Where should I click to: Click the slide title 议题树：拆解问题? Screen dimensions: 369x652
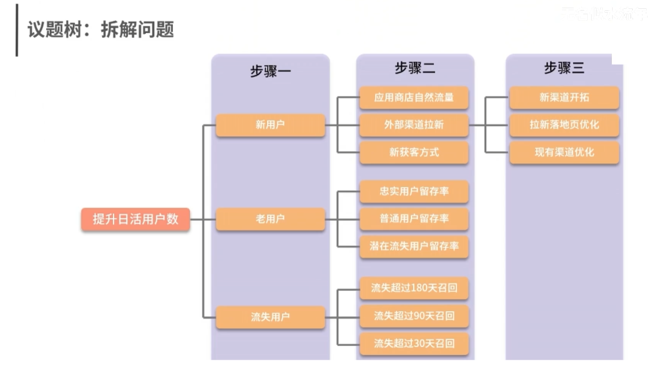pos(101,30)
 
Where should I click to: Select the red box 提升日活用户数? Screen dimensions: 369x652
pos(135,219)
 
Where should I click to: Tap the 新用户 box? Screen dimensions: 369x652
pos(270,125)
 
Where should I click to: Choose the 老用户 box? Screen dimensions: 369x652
pos(270,219)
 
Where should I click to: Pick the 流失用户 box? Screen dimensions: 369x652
pos(270,317)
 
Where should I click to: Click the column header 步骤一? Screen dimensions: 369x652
pos(270,71)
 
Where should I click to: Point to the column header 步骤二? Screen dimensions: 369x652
pos(415,68)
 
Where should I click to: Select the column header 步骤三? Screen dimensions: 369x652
pos(564,68)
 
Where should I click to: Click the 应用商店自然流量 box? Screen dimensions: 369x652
pos(414,97)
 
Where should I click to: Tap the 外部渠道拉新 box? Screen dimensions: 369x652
pos(414,125)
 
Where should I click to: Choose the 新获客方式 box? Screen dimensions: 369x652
pos(414,152)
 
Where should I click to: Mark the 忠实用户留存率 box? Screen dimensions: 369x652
pos(414,191)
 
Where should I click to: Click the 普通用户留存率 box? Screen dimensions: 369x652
pos(414,219)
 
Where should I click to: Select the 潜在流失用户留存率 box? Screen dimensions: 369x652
pos(414,246)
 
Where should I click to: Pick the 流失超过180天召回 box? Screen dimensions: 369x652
pos(414,288)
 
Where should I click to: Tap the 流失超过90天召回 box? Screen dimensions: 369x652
pos(414,316)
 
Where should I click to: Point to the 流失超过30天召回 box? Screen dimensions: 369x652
pos(414,343)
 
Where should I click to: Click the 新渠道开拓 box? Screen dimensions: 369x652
pos(564,97)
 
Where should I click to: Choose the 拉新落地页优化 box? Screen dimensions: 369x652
pos(564,125)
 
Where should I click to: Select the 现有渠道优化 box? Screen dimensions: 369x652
pos(564,152)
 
